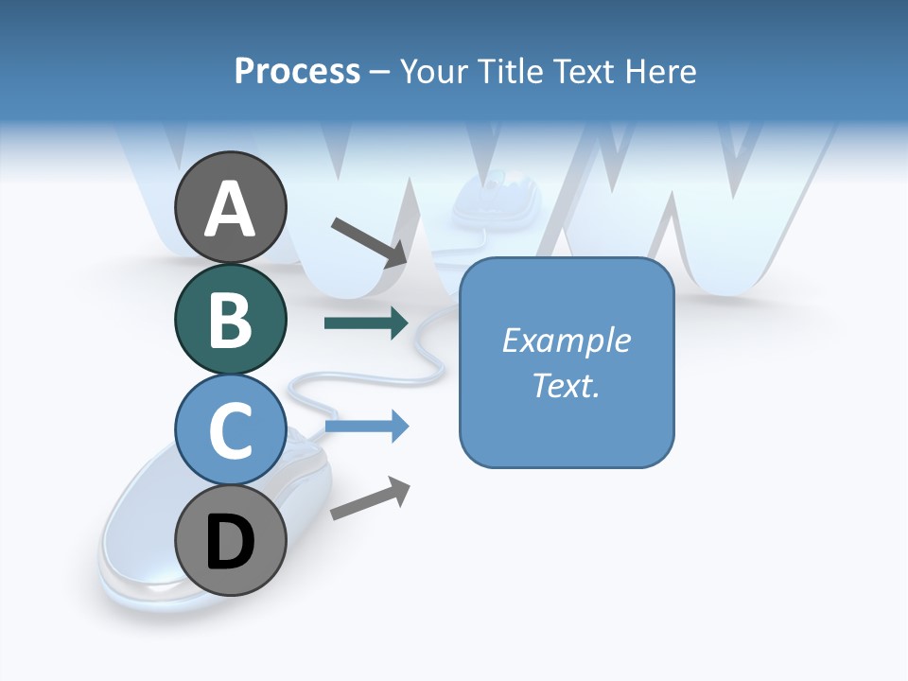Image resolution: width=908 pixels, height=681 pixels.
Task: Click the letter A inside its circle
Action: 231,210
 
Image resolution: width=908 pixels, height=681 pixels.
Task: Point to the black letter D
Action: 231,543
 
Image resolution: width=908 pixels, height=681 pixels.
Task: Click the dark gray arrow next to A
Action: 370,241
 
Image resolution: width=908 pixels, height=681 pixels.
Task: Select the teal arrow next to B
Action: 366,323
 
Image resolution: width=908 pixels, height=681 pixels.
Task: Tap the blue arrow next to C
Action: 366,427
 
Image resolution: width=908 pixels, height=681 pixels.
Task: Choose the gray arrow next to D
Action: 370,498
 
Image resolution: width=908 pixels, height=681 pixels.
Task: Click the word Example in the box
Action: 567,340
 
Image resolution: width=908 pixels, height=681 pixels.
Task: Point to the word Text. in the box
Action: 567,386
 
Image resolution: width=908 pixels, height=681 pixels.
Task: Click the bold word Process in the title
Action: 297,71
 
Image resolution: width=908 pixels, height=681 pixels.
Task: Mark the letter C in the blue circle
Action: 231,431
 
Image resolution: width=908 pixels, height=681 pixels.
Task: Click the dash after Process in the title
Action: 380,72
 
